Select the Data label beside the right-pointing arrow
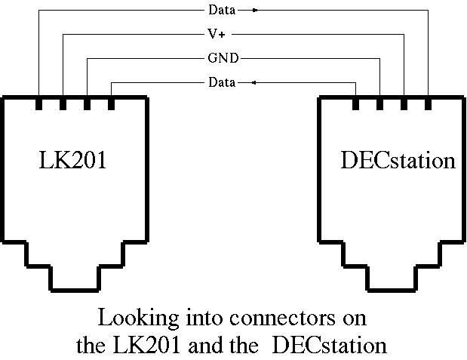(221, 11)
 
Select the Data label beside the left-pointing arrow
(221, 82)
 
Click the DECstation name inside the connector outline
(398, 160)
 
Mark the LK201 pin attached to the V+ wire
(63, 103)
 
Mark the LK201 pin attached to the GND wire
(88, 103)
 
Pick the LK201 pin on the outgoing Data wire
(39, 103)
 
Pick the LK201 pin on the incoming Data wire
(111, 103)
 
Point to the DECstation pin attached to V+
(404, 103)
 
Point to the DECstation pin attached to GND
(379, 103)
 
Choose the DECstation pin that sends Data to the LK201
(355, 103)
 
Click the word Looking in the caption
(138, 315)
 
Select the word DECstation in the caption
(329, 346)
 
